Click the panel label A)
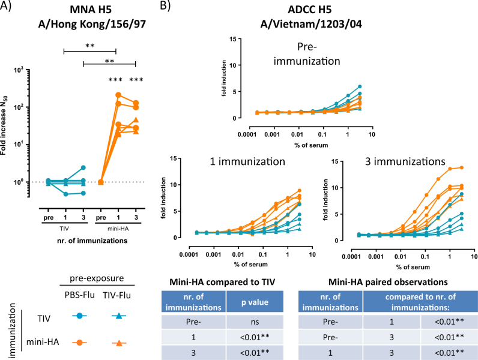(x=10, y=9)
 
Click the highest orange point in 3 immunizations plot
(x=461, y=167)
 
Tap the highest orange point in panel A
(x=118, y=95)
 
